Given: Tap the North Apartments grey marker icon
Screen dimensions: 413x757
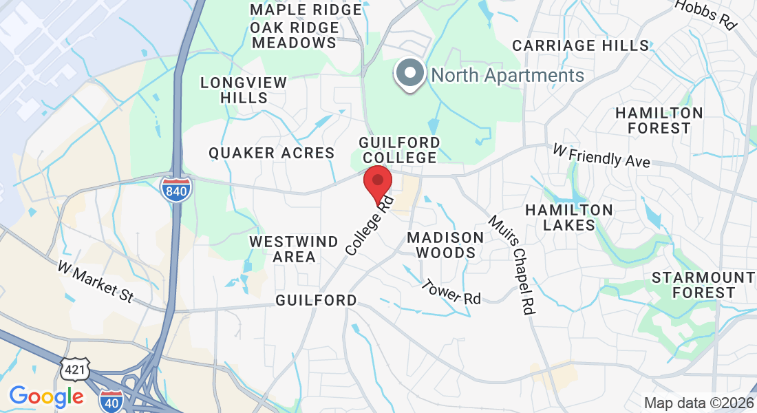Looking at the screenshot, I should pos(410,74).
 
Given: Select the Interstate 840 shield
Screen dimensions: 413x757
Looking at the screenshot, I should pos(176,189).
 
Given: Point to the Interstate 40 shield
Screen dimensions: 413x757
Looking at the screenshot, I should pos(111,401).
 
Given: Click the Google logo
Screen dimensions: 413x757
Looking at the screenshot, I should pos(46,396).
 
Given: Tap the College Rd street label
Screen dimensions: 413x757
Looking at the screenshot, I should pos(370,224).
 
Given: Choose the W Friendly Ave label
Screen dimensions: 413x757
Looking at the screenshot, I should pos(601,156).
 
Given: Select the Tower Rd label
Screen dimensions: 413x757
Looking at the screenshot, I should pos(451,291).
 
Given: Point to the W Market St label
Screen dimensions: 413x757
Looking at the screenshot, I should pos(95,281).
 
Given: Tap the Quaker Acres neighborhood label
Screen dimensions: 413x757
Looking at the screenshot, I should pos(272,153).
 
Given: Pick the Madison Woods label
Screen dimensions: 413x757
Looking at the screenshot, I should pos(445,245).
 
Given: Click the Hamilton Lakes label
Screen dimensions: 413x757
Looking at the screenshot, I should pos(568,218).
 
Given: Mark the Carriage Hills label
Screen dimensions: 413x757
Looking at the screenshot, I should pos(581,45).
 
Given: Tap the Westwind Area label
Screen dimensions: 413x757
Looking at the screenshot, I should pos(293,249).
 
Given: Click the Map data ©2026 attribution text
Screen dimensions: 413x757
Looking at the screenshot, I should pos(699,403).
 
